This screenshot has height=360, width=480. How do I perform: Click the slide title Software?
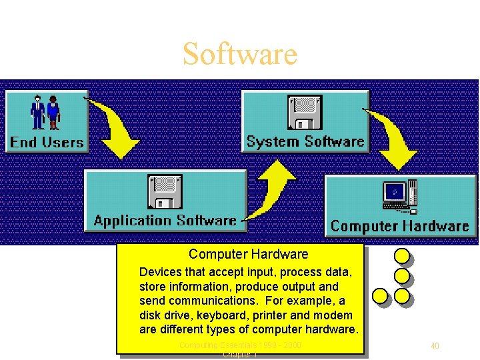pyautogui.click(x=240, y=54)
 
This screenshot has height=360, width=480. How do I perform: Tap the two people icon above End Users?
pyautogui.click(x=46, y=113)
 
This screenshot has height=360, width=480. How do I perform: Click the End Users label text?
pyautogui.click(x=47, y=142)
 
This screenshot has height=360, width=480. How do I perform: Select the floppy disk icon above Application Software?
pyautogui.click(x=165, y=192)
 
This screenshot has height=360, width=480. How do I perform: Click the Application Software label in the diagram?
pyautogui.click(x=165, y=221)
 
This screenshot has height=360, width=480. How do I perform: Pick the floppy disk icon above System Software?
pyautogui.click(x=305, y=113)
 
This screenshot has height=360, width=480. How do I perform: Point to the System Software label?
pyautogui.click(x=305, y=141)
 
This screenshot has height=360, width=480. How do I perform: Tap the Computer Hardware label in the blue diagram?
pyautogui.click(x=400, y=226)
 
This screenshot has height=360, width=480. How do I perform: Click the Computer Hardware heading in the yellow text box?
pyautogui.click(x=248, y=254)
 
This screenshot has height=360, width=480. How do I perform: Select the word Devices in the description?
pyautogui.click(x=160, y=272)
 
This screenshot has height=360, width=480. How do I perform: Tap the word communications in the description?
pyautogui.click(x=200, y=301)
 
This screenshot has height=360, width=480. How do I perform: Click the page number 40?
pyautogui.click(x=435, y=345)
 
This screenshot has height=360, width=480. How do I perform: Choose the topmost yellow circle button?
pyautogui.click(x=401, y=255)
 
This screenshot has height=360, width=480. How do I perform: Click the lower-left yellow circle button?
pyautogui.click(x=379, y=295)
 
